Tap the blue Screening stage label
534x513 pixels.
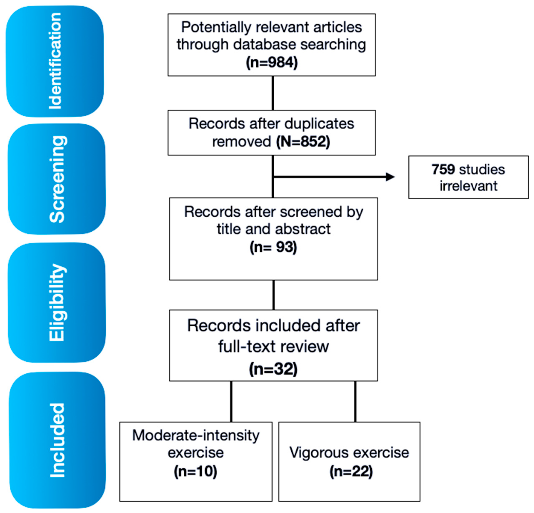[x=57, y=179]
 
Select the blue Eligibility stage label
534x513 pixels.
[x=57, y=302]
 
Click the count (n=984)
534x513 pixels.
[x=272, y=62]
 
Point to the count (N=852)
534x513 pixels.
[x=303, y=142]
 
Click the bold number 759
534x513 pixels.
[x=443, y=170]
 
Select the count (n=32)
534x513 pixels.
[x=273, y=369]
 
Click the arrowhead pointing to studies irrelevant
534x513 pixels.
[x=391, y=177]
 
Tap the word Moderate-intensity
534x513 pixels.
[x=196, y=435]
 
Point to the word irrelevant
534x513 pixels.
[x=468, y=186]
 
